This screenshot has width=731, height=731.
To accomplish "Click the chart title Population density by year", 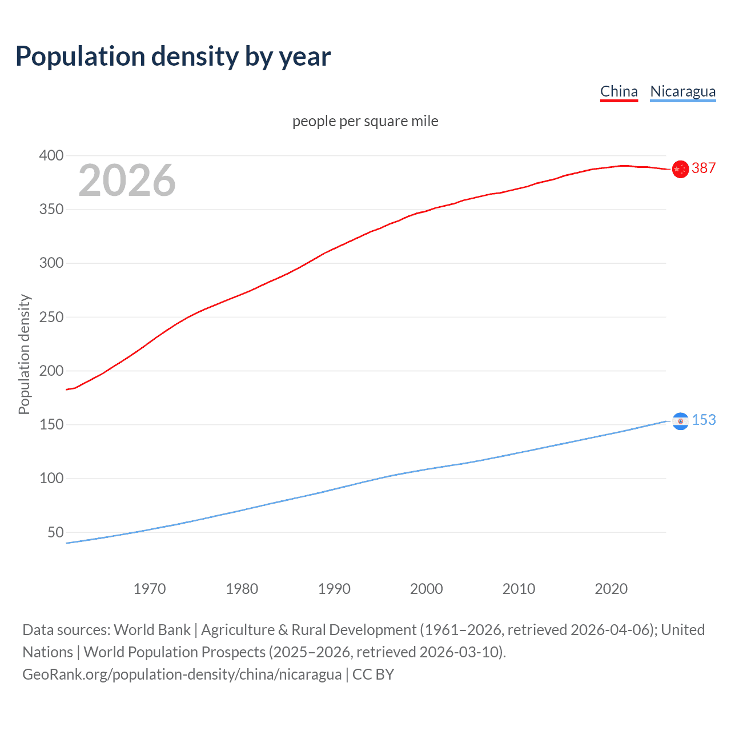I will point(173,57).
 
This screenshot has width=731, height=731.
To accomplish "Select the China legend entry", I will point(618,91).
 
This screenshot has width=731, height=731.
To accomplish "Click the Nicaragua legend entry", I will point(682,91).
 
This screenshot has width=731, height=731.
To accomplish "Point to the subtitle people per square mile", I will point(365,121).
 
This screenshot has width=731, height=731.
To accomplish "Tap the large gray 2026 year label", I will point(127,180).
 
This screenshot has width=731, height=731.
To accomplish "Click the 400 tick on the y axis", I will point(51,155).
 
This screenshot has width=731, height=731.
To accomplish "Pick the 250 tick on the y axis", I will point(51,317).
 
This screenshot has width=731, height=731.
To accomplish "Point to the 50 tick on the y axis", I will point(55,532).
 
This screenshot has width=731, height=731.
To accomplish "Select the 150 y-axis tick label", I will point(51,425).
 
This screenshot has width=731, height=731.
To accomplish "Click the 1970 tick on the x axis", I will point(150,589).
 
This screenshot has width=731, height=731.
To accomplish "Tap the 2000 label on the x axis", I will point(426,589).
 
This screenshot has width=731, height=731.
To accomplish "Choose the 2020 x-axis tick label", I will point(611,589).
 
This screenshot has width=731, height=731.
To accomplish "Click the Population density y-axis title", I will point(24,354).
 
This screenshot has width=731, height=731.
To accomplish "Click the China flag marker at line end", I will point(680,169).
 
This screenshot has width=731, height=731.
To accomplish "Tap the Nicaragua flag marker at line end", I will point(680,421).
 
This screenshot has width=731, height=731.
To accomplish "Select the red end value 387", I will point(704,168).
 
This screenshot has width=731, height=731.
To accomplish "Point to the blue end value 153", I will point(704,420).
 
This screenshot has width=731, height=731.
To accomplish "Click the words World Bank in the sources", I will point(152,629).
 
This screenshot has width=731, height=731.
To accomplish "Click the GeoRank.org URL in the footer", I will point(182,674).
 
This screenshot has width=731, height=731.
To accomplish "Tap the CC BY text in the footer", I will point(373,674).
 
